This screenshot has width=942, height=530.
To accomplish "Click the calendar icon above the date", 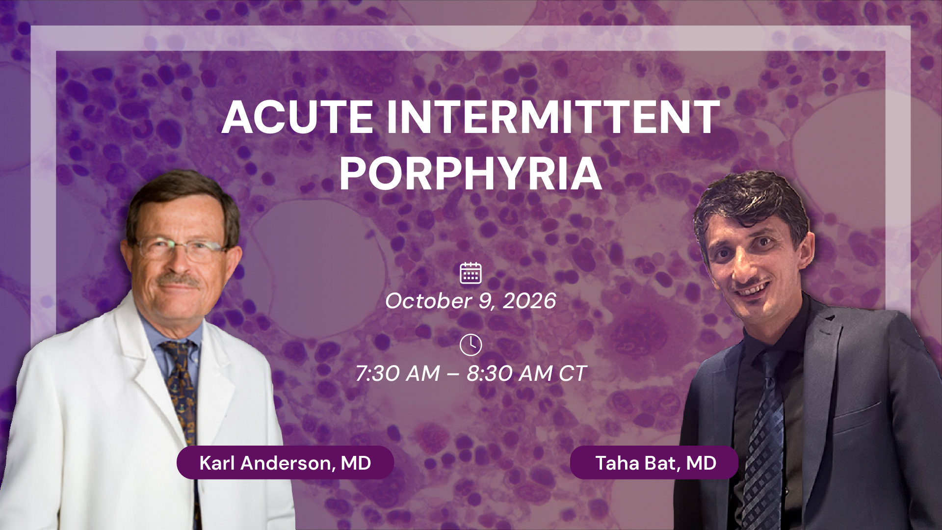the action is point(471,273).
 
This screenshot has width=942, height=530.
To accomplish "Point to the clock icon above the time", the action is point(471,345).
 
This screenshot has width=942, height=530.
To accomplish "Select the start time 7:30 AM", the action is point(397,373).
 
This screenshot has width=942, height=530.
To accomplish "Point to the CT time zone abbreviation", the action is point(573,373).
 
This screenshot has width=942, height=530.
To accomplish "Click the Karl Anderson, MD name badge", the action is point(285,462).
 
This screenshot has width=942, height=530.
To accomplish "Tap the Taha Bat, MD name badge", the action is point(654,462).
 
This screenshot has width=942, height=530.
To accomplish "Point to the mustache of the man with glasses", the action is point(179,281).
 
